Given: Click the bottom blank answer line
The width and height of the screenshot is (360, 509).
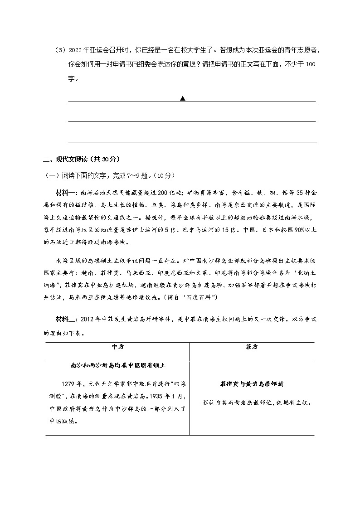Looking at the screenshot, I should point(192,141).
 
